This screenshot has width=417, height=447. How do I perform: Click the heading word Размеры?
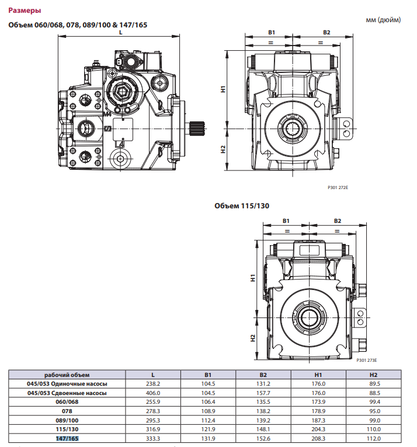click(25, 11)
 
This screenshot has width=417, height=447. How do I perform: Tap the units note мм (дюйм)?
click(383, 20)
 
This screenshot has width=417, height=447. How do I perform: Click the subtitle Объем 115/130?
click(241, 205)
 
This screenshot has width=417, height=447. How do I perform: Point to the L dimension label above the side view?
click(120, 33)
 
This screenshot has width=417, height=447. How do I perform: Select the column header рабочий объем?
click(68, 375)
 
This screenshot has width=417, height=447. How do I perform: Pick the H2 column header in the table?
click(374, 375)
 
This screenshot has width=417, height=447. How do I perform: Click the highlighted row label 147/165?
click(68, 438)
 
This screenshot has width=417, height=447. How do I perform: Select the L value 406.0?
click(152, 393)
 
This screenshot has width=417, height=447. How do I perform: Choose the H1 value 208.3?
click(318, 438)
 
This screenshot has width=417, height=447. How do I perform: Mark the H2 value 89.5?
click(374, 383)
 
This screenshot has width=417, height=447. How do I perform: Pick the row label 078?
click(68, 411)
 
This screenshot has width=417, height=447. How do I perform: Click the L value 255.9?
click(152, 402)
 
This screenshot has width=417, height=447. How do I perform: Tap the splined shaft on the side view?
click(197, 127)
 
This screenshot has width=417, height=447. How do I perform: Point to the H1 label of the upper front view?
click(223, 89)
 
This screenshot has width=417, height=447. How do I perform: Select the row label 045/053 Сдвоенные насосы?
click(68, 393)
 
